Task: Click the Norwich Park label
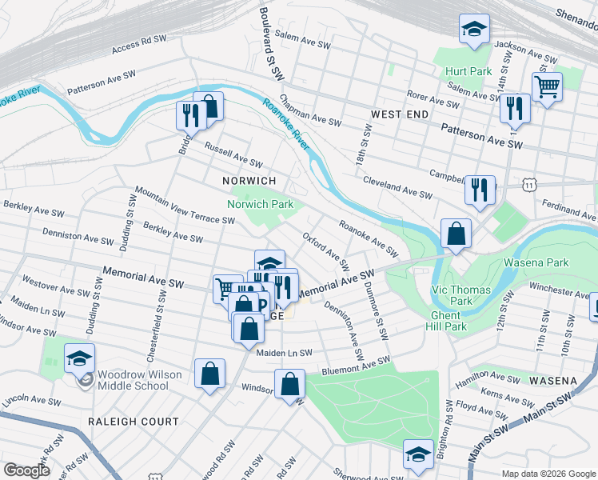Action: pos(260,204)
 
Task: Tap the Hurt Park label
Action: pos(468,71)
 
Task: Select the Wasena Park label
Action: pos(535,262)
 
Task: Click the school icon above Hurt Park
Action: pos(474,30)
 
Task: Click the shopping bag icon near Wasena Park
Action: pos(456,234)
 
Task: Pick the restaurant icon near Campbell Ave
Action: pos(480,190)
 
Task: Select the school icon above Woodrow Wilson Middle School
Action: pos(79,358)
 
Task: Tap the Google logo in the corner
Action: pos(27,470)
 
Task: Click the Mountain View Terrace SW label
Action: pos(185,205)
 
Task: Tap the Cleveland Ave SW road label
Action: pos(398,189)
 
